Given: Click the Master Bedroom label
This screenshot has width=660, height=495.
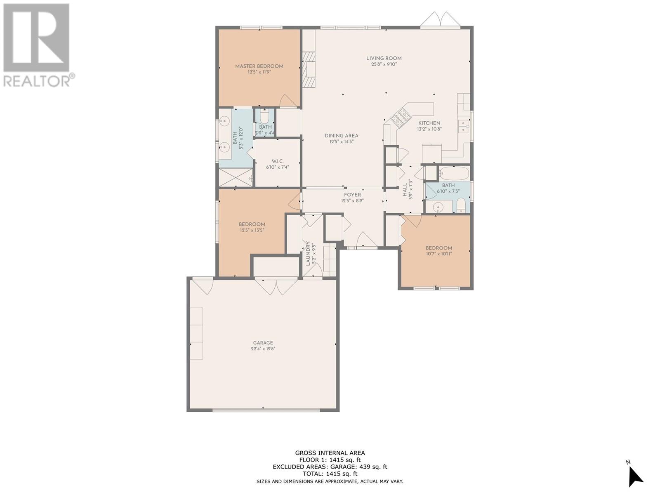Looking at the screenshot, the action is pyautogui.click(x=259, y=66).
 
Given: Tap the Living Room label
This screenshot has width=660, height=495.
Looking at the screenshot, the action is pyautogui.click(x=384, y=58).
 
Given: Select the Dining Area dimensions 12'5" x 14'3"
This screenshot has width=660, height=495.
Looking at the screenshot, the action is pyautogui.click(x=341, y=141).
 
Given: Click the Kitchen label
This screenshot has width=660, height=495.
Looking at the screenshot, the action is pyautogui.click(x=429, y=123).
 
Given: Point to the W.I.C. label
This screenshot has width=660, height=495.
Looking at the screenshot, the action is pyautogui.click(x=277, y=161).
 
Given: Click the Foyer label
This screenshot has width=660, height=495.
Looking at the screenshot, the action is pyautogui.click(x=352, y=195).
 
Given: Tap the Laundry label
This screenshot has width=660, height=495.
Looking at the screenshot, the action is pyautogui.click(x=308, y=253).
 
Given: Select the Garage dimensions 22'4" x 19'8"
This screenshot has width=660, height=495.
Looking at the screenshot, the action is pyautogui.click(x=263, y=349).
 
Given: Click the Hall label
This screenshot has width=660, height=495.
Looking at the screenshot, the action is pyautogui.click(x=404, y=190).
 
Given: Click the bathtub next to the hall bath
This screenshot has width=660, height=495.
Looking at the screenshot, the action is pyautogui.click(x=454, y=173).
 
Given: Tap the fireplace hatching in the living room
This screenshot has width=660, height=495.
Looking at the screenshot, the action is pyautogui.click(x=309, y=69).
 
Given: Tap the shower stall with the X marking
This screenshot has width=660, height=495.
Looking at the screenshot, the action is pyautogui.click(x=236, y=178).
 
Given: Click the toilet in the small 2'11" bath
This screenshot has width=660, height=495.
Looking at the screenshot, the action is pyautogui.click(x=264, y=116).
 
